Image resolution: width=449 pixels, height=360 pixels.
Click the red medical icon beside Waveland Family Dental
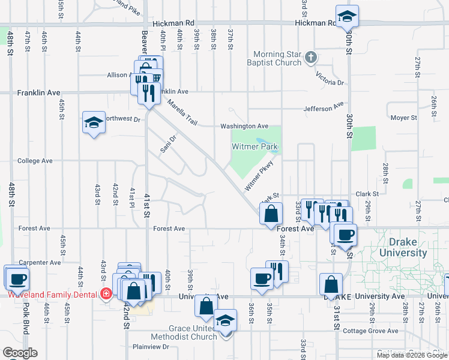(106, 295)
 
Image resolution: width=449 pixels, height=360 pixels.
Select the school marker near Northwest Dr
(93, 122)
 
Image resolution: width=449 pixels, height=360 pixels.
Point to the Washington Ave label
(244, 126)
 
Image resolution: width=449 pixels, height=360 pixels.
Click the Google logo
(20, 353)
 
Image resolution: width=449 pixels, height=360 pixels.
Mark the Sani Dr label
(168, 144)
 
